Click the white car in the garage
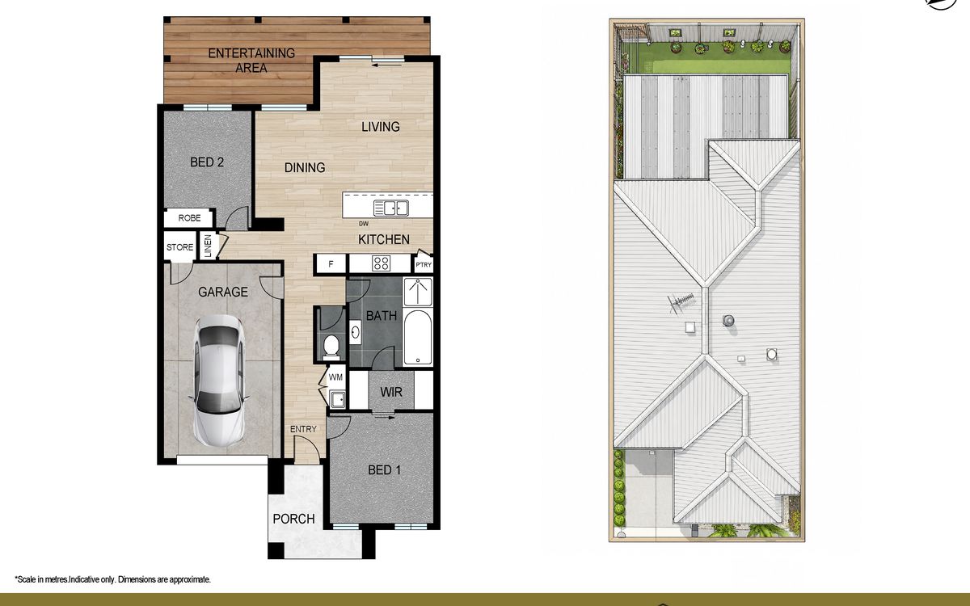(219, 381)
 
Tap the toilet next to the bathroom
(331, 347)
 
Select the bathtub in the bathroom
(417, 338)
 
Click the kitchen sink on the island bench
(391, 208)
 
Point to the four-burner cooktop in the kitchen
(381, 263)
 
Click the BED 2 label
(207, 162)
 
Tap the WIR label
(391, 392)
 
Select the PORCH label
(293, 519)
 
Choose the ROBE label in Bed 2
(189, 217)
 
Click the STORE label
(179, 247)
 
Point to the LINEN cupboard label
(208, 246)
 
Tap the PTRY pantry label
(424, 265)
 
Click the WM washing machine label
(335, 377)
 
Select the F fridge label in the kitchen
(331, 264)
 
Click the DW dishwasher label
(364, 224)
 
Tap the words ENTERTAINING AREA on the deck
(251, 61)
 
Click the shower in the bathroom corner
(418, 292)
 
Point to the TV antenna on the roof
(681, 301)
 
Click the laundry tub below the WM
(337, 399)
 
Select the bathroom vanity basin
(355, 332)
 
